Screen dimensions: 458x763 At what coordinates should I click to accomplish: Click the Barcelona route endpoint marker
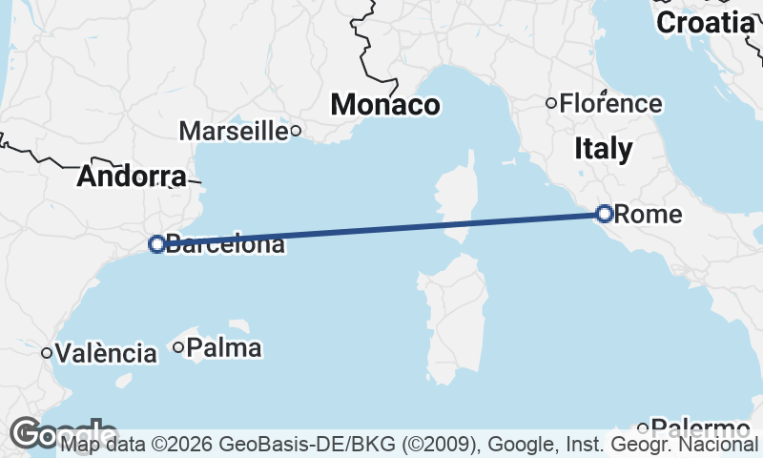coord(157,244)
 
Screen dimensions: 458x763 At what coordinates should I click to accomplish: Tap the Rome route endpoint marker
coord(604,214)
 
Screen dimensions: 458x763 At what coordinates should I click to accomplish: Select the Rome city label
coord(649,215)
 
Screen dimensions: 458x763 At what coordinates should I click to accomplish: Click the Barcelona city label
coord(225,244)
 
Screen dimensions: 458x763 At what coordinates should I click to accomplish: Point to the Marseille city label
coord(234,130)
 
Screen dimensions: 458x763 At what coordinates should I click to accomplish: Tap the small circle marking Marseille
coord(296,131)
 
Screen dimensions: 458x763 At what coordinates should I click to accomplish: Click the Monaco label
coord(385,104)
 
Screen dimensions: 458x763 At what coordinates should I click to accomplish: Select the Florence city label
coord(610,103)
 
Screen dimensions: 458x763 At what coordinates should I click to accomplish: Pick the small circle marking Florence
coord(551,103)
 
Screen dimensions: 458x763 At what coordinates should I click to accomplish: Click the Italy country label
coord(603,148)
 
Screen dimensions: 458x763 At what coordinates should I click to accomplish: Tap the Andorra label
coord(132,177)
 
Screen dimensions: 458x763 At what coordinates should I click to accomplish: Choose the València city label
coord(106,354)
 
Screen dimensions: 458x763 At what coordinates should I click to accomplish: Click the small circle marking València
coord(46,353)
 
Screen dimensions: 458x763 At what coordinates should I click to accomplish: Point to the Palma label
coord(224,348)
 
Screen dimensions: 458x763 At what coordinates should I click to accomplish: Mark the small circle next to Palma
coord(178,347)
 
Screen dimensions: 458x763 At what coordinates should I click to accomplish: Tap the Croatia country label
coord(706,23)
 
